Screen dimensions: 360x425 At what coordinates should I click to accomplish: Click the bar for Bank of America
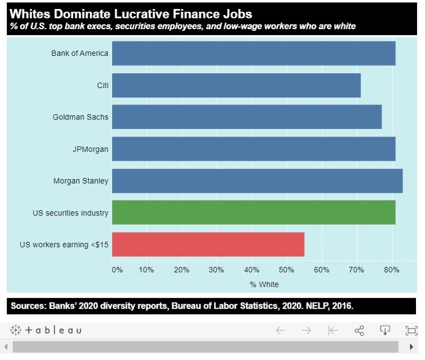pyautogui.click(x=253, y=53)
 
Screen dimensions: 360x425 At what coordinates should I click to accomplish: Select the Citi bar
pyautogui.click(x=236, y=85)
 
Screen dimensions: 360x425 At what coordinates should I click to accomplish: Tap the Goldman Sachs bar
pyautogui.click(x=246, y=117)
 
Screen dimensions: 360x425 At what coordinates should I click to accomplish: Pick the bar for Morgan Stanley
pyautogui.click(x=257, y=181)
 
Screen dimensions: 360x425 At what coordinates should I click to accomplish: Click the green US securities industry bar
pyautogui.click(x=253, y=212)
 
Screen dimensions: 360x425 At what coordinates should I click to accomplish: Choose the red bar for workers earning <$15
pyautogui.click(x=208, y=244)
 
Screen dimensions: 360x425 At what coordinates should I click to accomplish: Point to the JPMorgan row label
pyautogui.click(x=90, y=149)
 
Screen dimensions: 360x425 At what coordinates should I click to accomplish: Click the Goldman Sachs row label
pyautogui.click(x=80, y=117)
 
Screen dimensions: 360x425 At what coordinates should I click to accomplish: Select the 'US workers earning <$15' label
pyautogui.click(x=64, y=245)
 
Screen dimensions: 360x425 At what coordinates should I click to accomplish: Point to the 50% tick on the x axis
pyautogui.click(x=286, y=270)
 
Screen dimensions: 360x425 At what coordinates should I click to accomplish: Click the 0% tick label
pyautogui.click(x=117, y=270)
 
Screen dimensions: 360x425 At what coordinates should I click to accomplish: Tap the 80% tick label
pyautogui.click(x=392, y=270)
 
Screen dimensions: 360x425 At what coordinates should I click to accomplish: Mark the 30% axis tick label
pyautogui.click(x=216, y=270)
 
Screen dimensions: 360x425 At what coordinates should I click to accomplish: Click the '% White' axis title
pyautogui.click(x=264, y=284)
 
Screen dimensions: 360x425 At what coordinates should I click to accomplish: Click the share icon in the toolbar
pyautogui.click(x=359, y=330)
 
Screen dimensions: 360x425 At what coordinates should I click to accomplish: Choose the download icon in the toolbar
pyautogui.click(x=385, y=330)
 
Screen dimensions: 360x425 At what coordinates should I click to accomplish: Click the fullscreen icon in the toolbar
pyautogui.click(x=411, y=330)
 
